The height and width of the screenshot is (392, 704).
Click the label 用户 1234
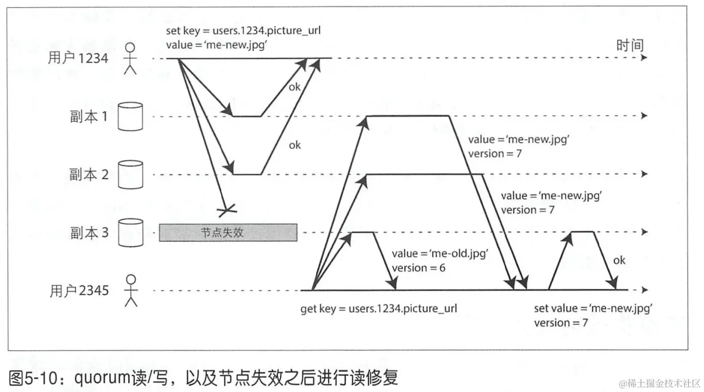[x=78, y=58]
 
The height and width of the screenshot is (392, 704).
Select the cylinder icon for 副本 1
[x=130, y=116]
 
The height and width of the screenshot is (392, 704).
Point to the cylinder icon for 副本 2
[x=130, y=175]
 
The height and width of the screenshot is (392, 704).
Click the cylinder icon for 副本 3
[x=130, y=233]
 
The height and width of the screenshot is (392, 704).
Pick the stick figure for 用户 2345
[x=132, y=290]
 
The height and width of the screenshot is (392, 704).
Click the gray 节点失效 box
[x=228, y=232]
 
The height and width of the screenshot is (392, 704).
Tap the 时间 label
[x=630, y=45]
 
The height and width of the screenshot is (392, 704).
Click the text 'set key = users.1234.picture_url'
[x=243, y=31]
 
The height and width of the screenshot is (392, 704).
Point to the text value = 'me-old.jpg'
[x=439, y=253]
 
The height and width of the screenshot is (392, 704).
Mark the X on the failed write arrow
[x=226, y=209]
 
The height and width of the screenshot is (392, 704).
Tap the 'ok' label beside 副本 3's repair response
[x=619, y=260]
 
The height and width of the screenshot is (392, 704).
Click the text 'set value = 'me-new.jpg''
[x=593, y=308]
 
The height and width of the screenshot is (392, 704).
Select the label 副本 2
[x=89, y=175]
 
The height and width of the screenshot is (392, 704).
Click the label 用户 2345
[x=79, y=291]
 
